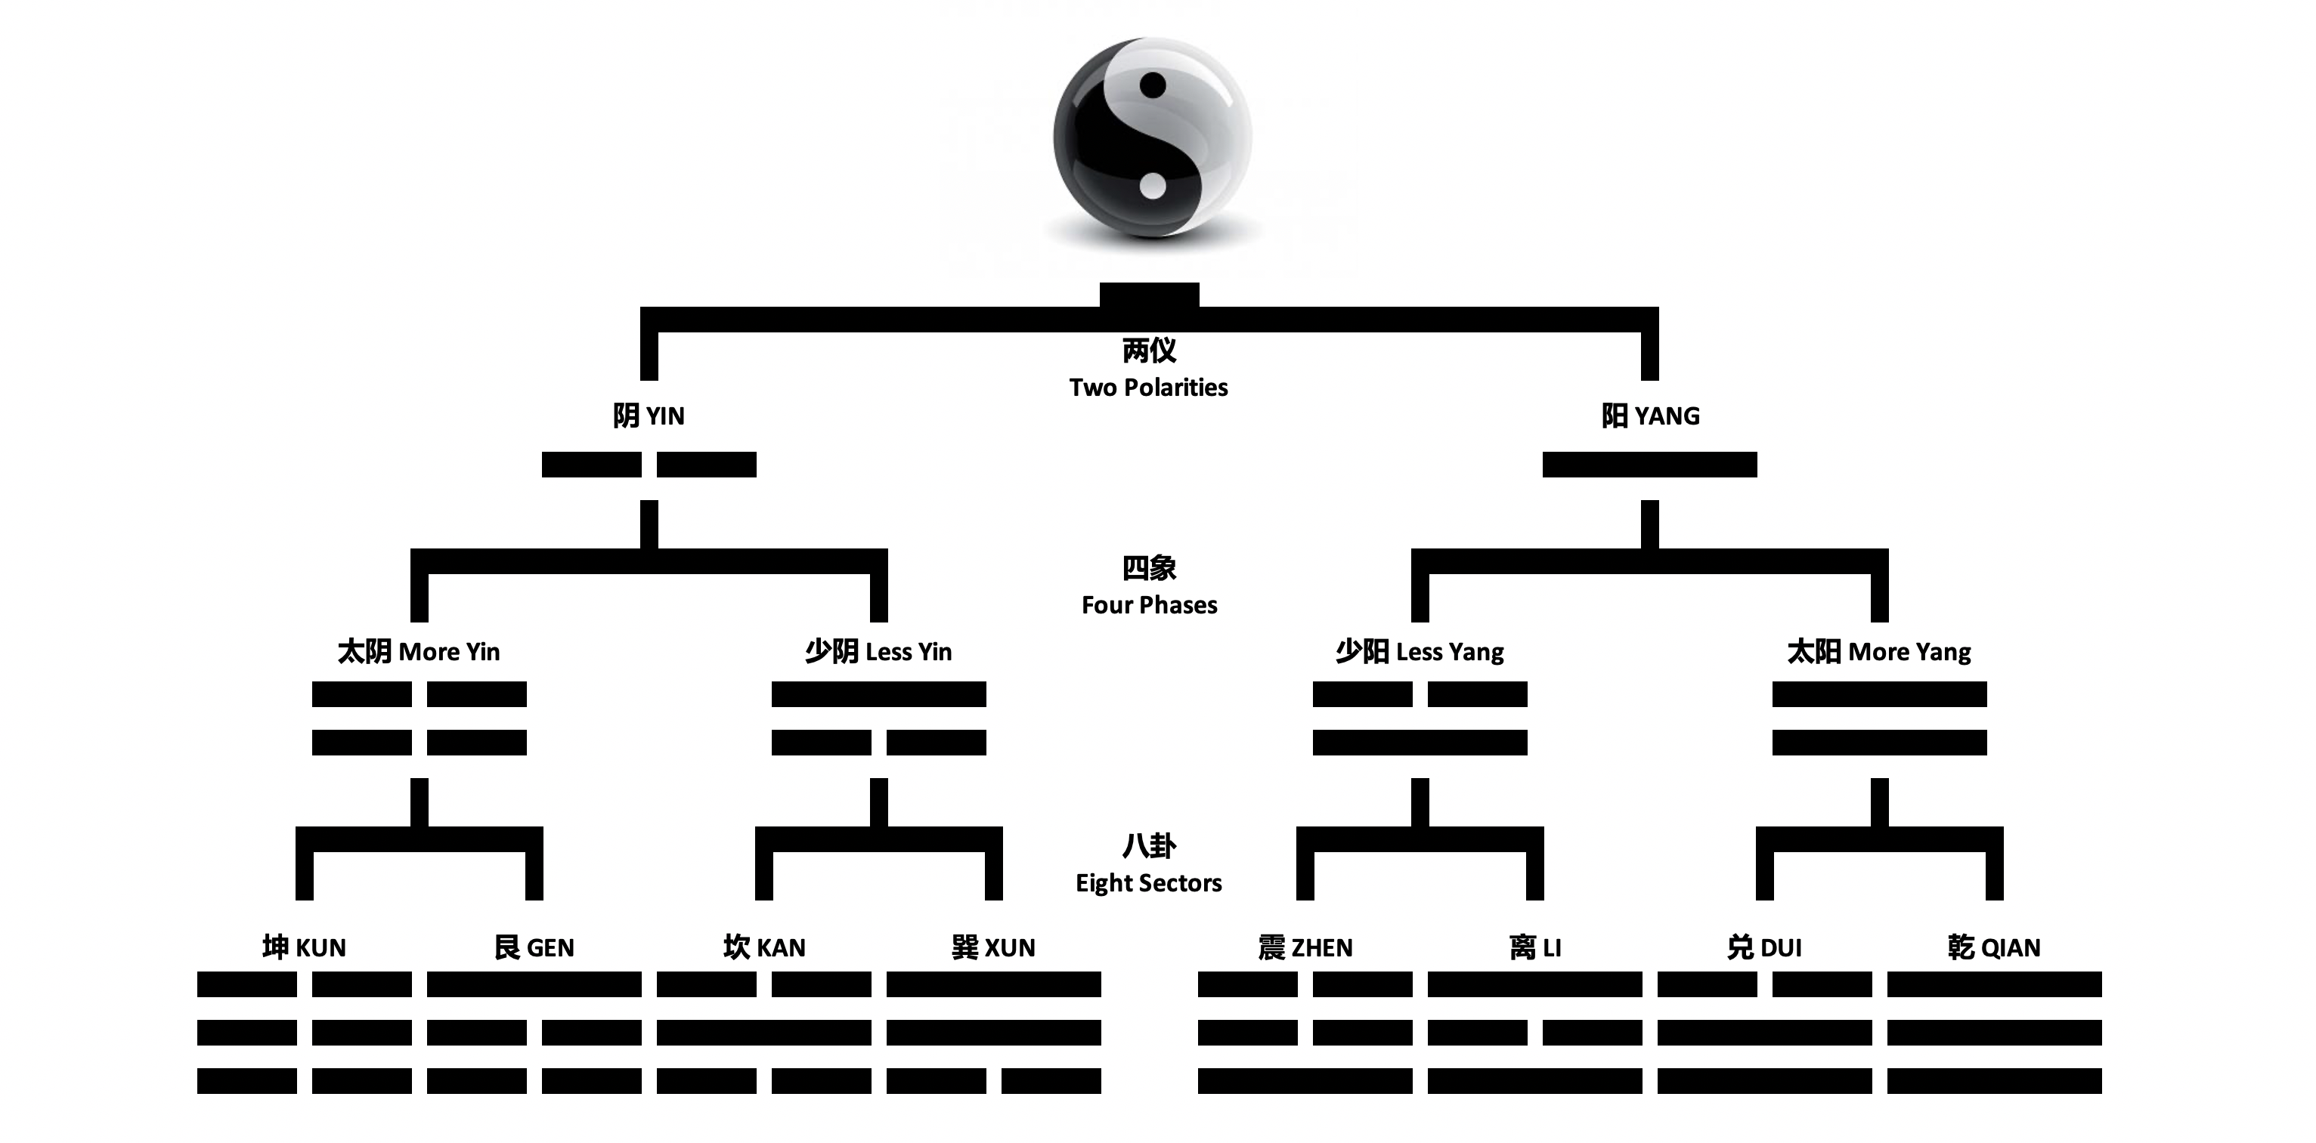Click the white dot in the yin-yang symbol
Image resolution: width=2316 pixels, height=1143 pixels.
point(1153,187)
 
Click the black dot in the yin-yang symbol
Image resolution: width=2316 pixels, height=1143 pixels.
point(1153,86)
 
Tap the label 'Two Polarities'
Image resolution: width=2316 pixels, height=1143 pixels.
point(1148,388)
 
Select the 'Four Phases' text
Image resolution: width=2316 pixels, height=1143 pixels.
point(1149,605)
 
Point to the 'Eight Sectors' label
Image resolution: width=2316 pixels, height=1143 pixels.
point(1148,882)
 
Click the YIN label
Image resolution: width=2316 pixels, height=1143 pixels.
point(649,416)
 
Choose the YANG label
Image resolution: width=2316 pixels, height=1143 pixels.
point(1650,416)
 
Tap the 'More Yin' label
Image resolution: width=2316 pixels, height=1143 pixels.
point(418,651)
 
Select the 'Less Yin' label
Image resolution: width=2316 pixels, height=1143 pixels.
point(878,651)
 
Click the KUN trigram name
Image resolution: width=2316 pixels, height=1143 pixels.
point(304,947)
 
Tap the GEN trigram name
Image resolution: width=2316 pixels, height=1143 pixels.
point(534,947)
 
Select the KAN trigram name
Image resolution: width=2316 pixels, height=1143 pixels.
point(764,947)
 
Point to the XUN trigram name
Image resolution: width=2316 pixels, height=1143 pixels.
point(993,947)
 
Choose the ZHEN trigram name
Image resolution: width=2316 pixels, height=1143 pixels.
point(1305,947)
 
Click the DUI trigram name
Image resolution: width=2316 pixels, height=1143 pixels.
point(1764,947)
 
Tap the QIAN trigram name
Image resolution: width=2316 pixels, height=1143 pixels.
point(1994,947)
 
